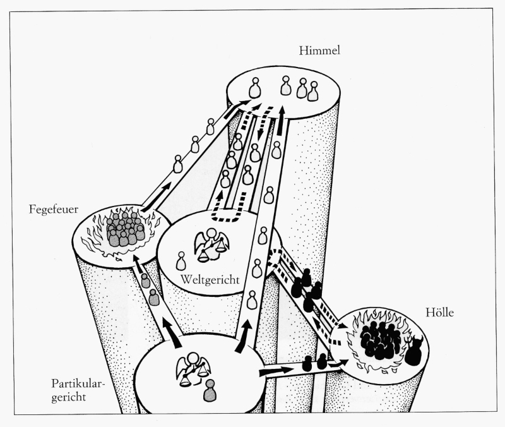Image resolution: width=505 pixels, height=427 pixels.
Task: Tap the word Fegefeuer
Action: (x=54, y=209)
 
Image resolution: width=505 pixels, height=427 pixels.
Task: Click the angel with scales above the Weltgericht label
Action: (x=210, y=246)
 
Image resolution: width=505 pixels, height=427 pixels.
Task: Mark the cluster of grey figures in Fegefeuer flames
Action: (x=125, y=229)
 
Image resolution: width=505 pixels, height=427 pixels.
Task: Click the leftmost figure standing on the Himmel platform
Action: (x=254, y=87)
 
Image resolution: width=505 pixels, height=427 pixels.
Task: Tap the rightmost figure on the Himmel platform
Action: (x=312, y=92)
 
